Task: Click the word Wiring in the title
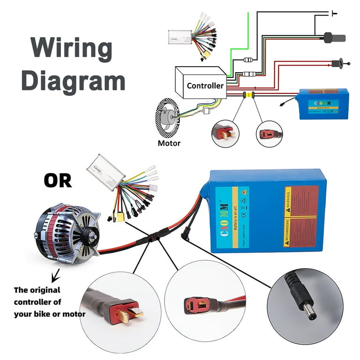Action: pyautogui.click(x=72, y=48)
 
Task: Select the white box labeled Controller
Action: pyautogui.click(x=202, y=84)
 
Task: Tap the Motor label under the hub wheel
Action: pyautogui.click(x=169, y=143)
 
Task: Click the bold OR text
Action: pyautogui.click(x=58, y=180)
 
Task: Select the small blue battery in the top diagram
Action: pyautogui.click(x=323, y=104)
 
